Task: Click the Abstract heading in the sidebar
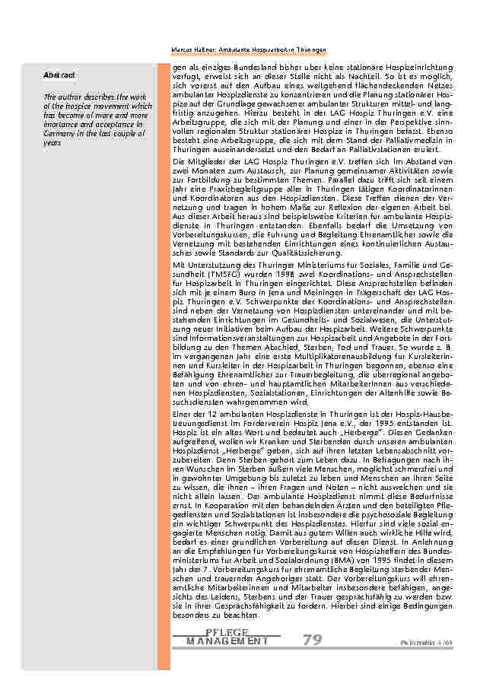(59, 75)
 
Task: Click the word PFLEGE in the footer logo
(227, 633)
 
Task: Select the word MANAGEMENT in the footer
(227, 641)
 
